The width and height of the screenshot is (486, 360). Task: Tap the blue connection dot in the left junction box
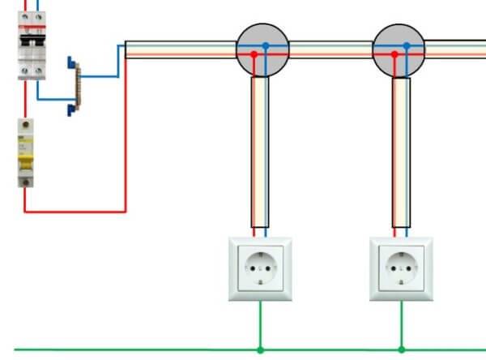pyautogui.click(x=265, y=46)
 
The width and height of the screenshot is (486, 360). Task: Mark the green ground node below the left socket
pyautogui.click(x=260, y=350)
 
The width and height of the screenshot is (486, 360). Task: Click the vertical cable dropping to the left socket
pyautogui.click(x=260, y=154)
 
